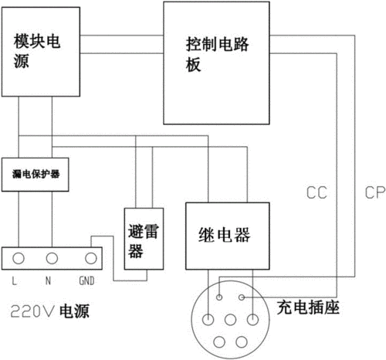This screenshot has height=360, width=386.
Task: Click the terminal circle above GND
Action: tap(90, 256)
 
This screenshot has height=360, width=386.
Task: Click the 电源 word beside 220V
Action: tap(76, 313)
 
